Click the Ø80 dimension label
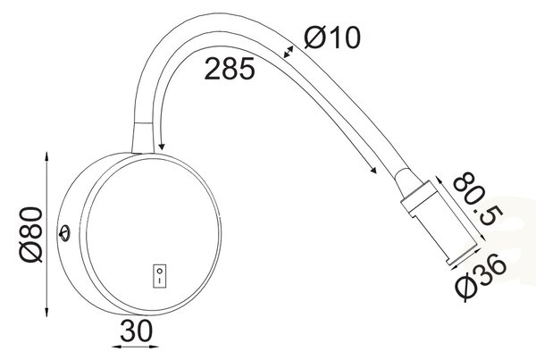[x=31, y=235]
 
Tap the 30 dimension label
[x=137, y=331]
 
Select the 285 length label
[x=230, y=69]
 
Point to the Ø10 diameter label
[x=332, y=38]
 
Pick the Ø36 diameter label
[x=481, y=276]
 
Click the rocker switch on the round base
[x=159, y=275]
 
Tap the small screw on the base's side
[x=64, y=233]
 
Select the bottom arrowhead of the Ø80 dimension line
[x=46, y=312]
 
